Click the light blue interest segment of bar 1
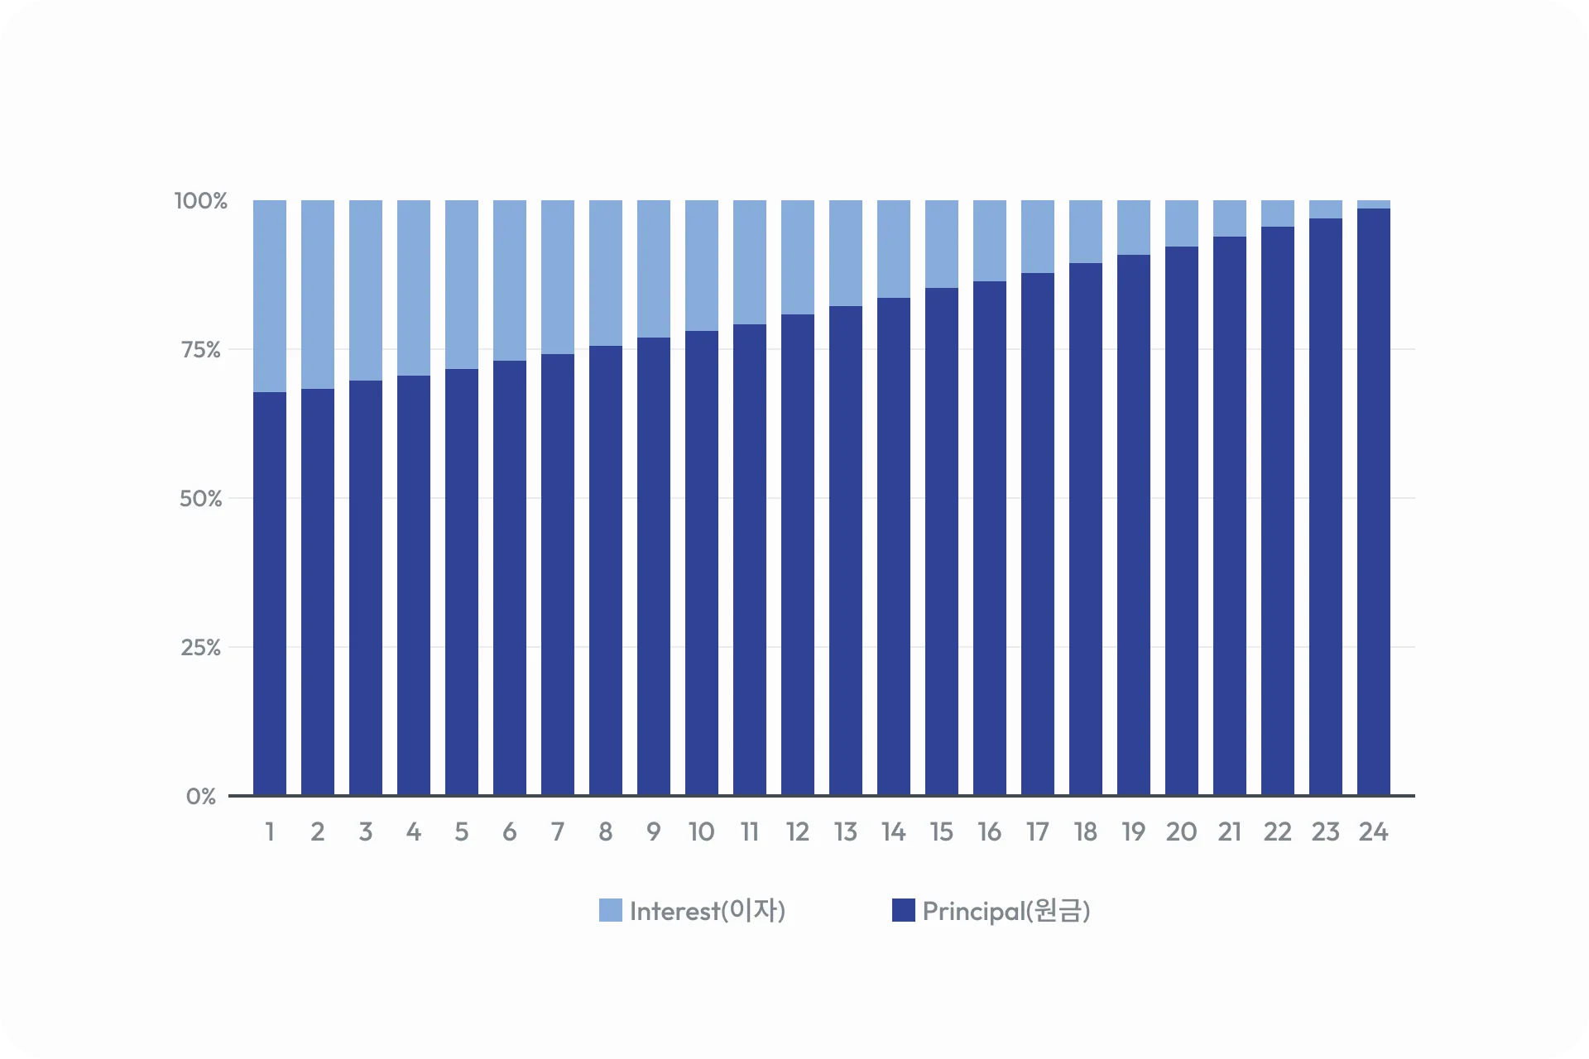[x=270, y=296]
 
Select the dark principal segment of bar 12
[x=798, y=554]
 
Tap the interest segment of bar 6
[x=510, y=280]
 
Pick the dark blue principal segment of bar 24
[x=1374, y=501]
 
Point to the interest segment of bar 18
[x=1086, y=232]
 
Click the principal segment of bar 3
[x=366, y=587]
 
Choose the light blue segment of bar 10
[x=702, y=266]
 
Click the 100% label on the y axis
[x=200, y=201]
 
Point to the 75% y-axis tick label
[x=201, y=350]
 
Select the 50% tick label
[x=201, y=499]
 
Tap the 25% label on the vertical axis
[x=201, y=648]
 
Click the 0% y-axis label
[x=201, y=797]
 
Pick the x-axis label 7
[x=558, y=831]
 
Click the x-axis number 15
[x=942, y=831]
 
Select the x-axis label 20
[x=1182, y=831]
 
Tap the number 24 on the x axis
[x=1374, y=831]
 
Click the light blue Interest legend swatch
[x=611, y=910]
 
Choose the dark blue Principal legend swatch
[x=904, y=910]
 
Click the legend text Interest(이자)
[x=708, y=911]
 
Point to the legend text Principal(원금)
[x=1006, y=911]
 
